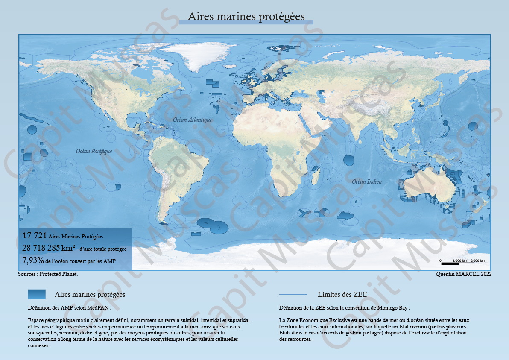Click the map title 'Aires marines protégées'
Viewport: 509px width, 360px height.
click(x=246, y=17)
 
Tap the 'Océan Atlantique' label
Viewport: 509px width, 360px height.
click(x=193, y=120)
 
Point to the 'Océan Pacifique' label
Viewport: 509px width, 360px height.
click(x=94, y=151)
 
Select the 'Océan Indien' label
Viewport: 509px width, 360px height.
click(x=367, y=182)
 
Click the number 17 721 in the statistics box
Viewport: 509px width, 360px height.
click(x=34, y=236)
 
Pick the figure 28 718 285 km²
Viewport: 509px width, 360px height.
click(x=49, y=248)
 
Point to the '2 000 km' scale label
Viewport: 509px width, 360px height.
click(x=478, y=260)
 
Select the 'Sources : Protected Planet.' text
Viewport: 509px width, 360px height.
click(x=48, y=274)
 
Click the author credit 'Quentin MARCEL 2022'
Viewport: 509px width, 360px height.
click(x=464, y=274)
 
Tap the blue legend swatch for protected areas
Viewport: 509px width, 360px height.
click(x=37, y=294)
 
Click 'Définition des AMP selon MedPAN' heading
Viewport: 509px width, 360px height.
click(x=70, y=307)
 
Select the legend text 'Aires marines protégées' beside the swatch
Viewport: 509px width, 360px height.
click(x=90, y=295)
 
